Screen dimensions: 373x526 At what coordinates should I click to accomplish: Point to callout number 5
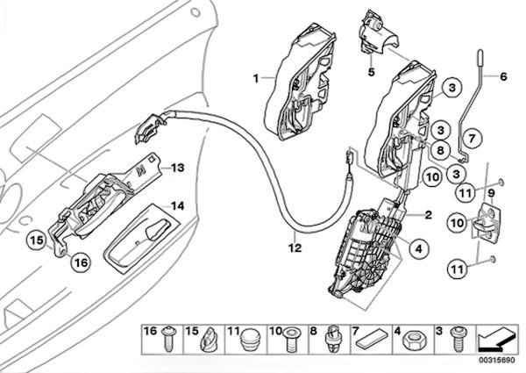tap(370, 71)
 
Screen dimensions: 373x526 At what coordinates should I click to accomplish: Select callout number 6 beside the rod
tap(503, 76)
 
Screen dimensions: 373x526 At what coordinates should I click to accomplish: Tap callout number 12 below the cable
tap(295, 248)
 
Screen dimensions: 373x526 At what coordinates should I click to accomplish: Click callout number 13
tap(176, 167)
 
